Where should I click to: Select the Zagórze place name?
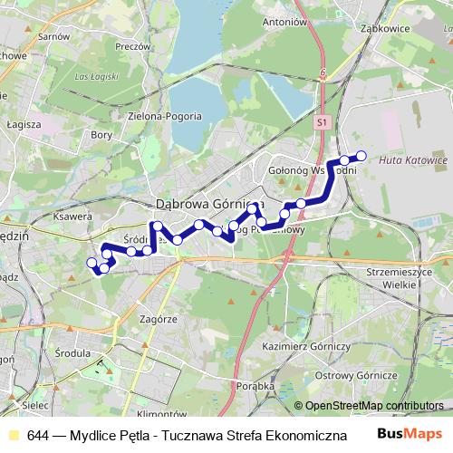[158, 320]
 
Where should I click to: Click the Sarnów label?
[54, 36]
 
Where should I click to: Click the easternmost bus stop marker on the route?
[361, 156]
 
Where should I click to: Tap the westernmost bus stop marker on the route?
[91, 263]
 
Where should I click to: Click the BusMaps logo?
[410, 434]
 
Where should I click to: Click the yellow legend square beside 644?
[14, 435]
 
